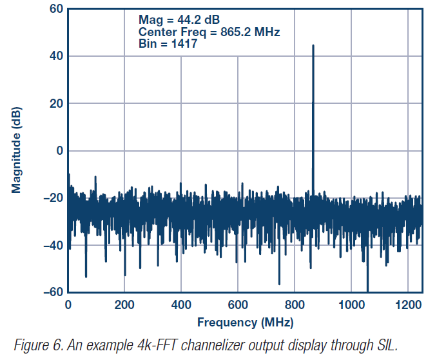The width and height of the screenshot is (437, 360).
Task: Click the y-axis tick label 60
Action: point(55,9)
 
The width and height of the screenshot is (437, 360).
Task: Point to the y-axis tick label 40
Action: point(55,56)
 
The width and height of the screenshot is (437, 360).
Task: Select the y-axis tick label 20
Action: point(55,103)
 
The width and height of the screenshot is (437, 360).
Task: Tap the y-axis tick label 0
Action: point(58,151)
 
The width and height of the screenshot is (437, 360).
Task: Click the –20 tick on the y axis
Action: point(52,198)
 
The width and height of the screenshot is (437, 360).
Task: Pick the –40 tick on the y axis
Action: point(52,245)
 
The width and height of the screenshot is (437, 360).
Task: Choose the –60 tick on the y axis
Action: point(52,292)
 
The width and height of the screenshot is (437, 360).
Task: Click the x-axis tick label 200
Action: point(124,305)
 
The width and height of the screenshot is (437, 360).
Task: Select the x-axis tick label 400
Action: point(181,305)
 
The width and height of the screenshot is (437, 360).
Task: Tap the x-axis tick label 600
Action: point(238,305)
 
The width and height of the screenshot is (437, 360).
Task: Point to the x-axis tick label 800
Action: point(295,305)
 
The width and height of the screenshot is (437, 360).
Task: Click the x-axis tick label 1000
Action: point(351,305)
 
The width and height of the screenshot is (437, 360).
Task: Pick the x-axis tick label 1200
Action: point(407,305)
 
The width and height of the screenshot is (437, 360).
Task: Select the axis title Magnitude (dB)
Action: point(17,150)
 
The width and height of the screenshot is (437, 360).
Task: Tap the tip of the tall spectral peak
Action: point(313,46)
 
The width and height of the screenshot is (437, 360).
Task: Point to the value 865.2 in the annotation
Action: point(231,32)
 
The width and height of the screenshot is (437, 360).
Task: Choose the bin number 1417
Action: point(184,44)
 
